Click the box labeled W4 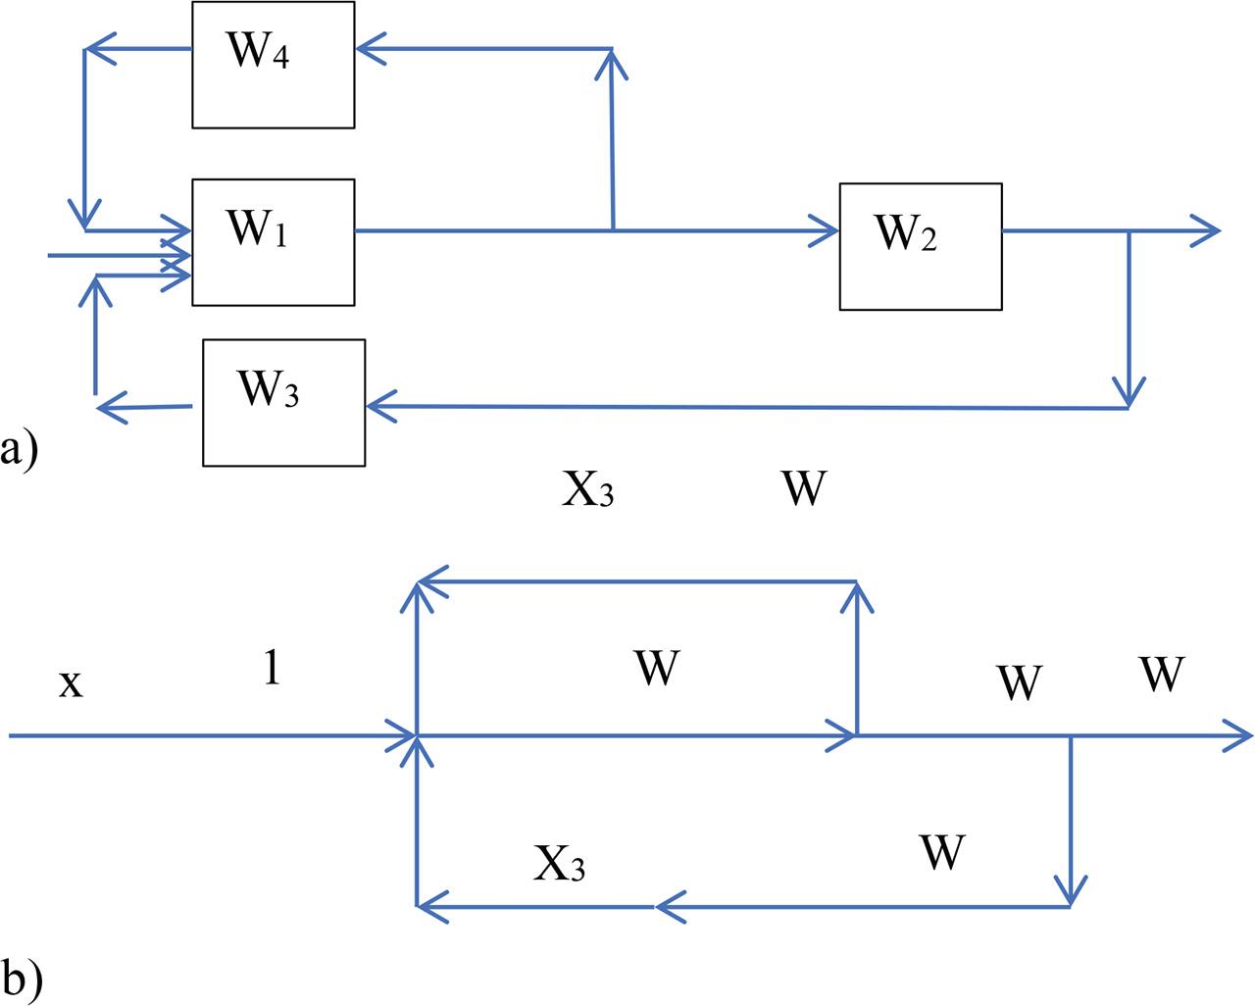click(273, 65)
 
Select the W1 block click(273, 242)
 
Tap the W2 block click(920, 246)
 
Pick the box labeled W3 click(283, 402)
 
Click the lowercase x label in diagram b click(71, 682)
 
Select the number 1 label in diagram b click(272, 669)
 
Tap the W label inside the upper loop click(656, 669)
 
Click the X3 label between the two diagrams click(587, 488)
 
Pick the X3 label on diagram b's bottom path click(560, 863)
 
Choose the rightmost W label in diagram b click(1162, 675)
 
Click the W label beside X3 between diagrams click(804, 488)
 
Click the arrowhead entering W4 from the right click(369, 48)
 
